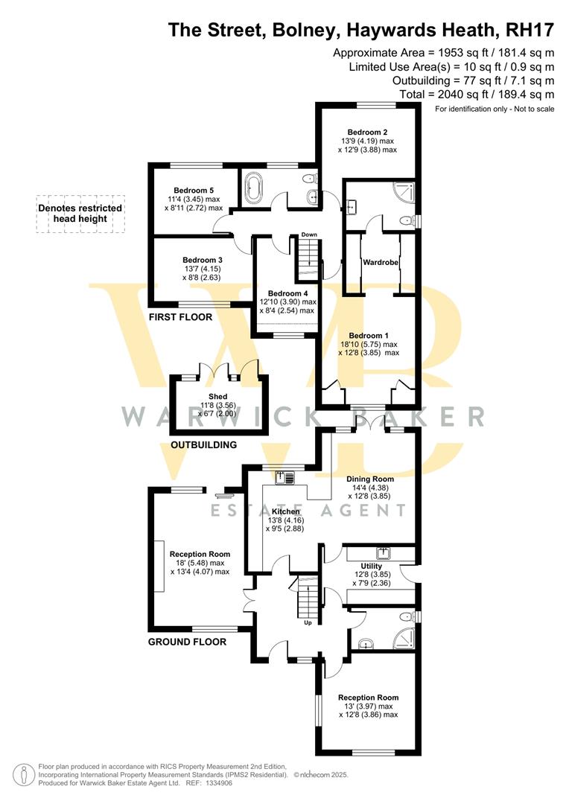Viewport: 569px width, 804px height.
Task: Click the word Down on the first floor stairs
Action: (309, 234)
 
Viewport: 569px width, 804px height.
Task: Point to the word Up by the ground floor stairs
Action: (308, 622)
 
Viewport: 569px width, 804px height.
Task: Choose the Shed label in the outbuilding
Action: (217, 396)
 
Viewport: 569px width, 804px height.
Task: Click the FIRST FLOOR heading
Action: (180, 317)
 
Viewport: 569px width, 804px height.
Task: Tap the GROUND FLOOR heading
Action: (187, 642)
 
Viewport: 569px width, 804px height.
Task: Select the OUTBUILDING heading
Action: (203, 445)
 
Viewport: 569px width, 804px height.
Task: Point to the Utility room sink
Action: (384, 553)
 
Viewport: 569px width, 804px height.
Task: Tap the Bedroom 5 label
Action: (194, 190)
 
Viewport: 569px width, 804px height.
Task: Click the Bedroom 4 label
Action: (287, 293)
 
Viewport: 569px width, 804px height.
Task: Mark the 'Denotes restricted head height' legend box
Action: (81, 214)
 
